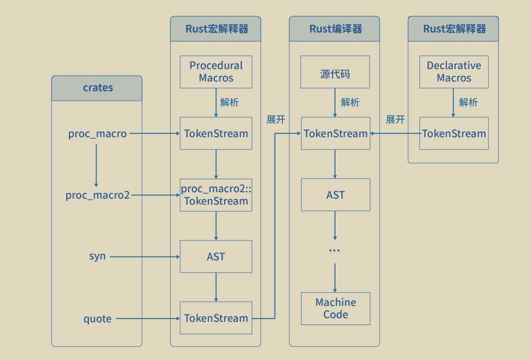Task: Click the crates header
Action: tap(97, 88)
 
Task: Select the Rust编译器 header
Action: tap(334, 29)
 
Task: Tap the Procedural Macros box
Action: tap(216, 72)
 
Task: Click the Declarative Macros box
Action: tap(454, 72)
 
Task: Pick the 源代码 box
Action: tap(335, 72)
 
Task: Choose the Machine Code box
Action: tap(335, 309)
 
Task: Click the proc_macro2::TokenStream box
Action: tap(216, 195)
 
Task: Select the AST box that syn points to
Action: tap(216, 256)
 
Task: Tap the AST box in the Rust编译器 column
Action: tap(335, 195)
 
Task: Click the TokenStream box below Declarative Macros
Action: tap(454, 133)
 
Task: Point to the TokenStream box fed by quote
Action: tap(216, 318)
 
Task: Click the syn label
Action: tap(97, 256)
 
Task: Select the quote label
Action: tap(97, 318)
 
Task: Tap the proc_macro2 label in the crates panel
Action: tap(97, 195)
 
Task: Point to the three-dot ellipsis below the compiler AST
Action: tap(334, 251)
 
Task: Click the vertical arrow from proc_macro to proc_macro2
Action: tap(96, 164)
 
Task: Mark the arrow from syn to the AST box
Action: tap(145, 257)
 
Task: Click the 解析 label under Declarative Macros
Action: tap(468, 103)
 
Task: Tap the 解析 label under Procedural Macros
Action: tap(229, 103)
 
